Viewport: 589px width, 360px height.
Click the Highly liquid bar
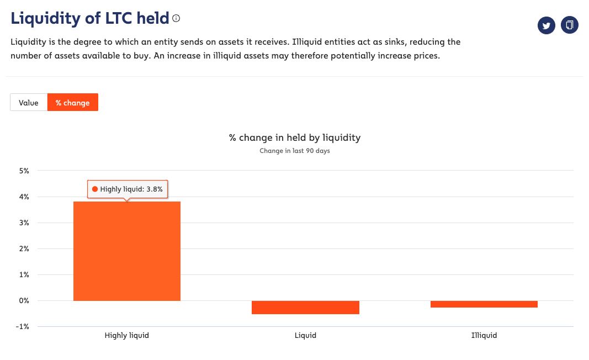click(x=127, y=251)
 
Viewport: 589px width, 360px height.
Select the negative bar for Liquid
click(x=305, y=308)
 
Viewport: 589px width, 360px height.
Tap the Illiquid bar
click(x=484, y=304)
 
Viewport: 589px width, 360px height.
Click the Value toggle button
click(x=29, y=103)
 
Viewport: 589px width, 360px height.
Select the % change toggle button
click(x=72, y=103)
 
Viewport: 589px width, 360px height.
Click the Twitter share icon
click(x=546, y=25)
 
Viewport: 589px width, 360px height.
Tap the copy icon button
click(x=570, y=25)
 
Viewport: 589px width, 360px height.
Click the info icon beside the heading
click(x=176, y=18)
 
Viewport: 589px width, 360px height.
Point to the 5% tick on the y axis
click(x=24, y=171)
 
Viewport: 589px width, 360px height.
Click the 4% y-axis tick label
click(x=24, y=197)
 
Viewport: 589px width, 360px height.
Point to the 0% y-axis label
click(x=24, y=301)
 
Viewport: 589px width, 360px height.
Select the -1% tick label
click(x=23, y=327)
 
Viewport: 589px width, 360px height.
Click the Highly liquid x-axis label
click(x=127, y=335)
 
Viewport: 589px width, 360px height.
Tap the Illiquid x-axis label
click(x=484, y=335)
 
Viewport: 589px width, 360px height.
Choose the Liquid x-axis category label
click(x=305, y=335)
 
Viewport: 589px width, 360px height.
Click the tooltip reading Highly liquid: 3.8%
click(x=128, y=189)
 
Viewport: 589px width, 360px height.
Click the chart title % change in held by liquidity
click(x=295, y=137)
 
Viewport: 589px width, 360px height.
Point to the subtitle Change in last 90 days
click(x=295, y=151)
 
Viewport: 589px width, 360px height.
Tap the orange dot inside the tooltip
click(x=95, y=189)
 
